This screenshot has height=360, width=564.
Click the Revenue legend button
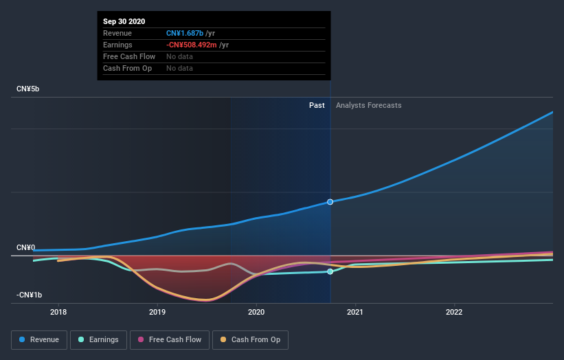point(40,339)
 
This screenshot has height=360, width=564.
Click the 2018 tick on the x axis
point(58,311)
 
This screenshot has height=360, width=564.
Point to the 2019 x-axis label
point(157,311)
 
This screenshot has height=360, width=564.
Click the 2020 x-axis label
point(256,311)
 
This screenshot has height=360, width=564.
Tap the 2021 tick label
point(355,311)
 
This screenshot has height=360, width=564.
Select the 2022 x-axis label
point(454,311)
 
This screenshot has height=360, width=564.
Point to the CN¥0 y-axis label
point(26,247)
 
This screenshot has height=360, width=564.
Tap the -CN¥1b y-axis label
point(30,295)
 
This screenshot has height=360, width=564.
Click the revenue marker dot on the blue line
point(330,201)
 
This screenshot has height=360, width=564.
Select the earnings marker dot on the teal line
point(330,271)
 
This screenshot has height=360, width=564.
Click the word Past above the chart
point(317,105)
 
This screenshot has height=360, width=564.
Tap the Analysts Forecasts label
point(368,105)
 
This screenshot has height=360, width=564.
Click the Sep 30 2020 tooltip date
point(124,21)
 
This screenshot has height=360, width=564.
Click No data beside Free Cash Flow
point(179,56)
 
